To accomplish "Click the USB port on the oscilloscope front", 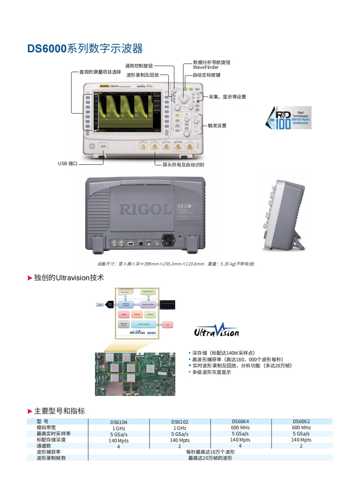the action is (104, 147).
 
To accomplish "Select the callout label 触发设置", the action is (217, 126).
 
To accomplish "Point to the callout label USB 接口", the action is (68, 163).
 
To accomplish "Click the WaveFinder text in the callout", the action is (206, 68).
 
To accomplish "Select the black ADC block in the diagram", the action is (110, 305).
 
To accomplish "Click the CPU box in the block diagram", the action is (167, 324).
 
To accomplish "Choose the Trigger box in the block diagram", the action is (123, 314).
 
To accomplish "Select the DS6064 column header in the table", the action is (241, 421).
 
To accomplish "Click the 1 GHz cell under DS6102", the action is (180, 428).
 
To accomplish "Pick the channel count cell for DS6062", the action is (302, 446).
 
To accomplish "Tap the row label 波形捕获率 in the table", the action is (49, 452).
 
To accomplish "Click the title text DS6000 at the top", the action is (47, 49).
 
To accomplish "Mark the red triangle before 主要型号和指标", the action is (30, 411).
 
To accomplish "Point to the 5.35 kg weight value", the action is (227, 264).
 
